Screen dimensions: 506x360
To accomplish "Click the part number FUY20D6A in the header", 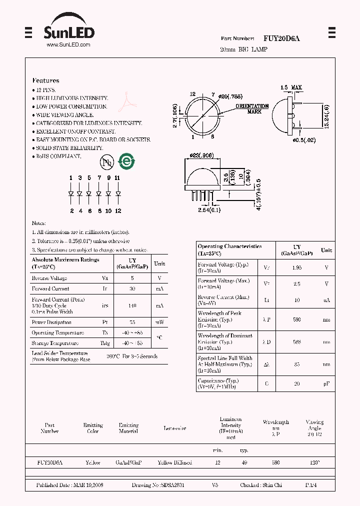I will [x=281, y=38].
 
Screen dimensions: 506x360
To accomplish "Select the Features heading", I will [x=45, y=80].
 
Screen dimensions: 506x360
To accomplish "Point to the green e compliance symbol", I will [x=127, y=161].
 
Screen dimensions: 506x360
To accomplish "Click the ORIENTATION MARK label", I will [x=252, y=109].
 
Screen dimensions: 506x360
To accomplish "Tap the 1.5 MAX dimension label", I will [x=290, y=87].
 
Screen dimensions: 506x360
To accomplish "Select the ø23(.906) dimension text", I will [x=202, y=155].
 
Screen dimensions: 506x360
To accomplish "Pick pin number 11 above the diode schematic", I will [x=117, y=178].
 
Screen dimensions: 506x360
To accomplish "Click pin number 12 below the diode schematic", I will [x=118, y=211].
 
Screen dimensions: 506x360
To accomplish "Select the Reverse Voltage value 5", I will [x=132, y=278].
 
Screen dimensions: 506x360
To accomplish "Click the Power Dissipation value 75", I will [x=132, y=322].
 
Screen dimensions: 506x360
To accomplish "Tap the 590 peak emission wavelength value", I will [x=296, y=319].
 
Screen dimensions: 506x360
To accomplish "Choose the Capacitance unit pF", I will [x=326, y=383].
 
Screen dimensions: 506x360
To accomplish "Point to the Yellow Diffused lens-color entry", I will [x=174, y=462].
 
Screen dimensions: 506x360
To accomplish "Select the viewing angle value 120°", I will [x=314, y=462].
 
